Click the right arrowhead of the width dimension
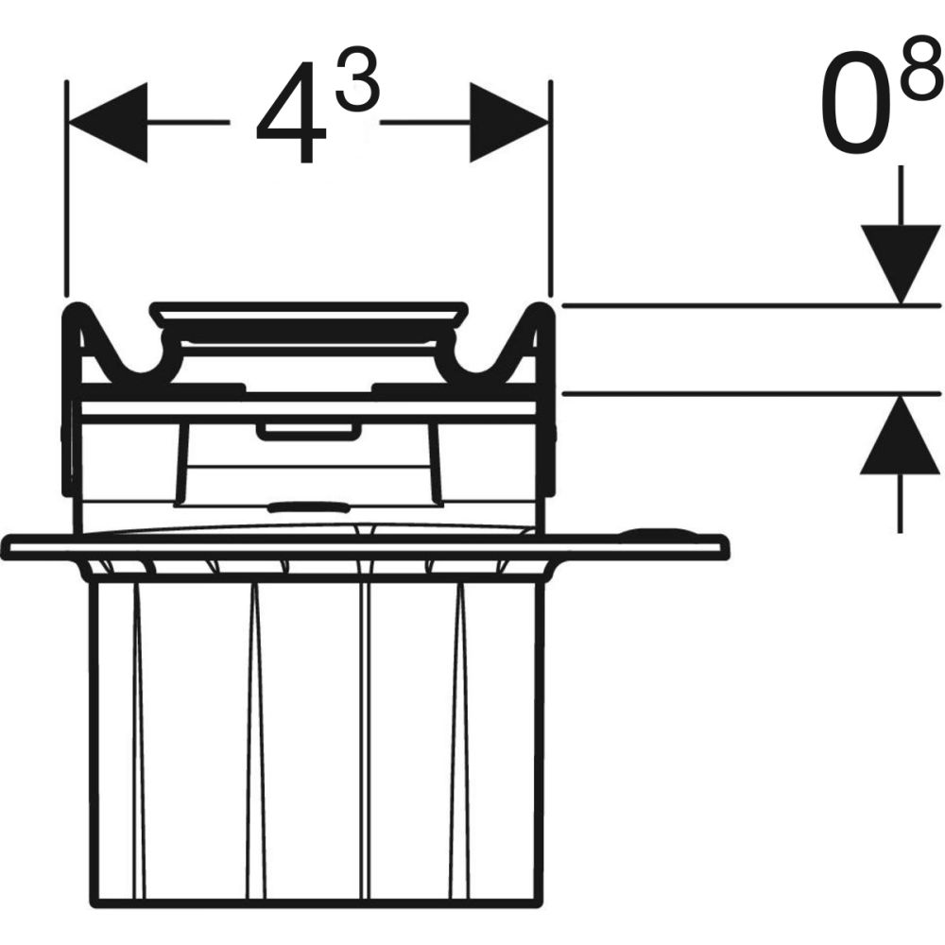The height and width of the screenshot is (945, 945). click(x=509, y=122)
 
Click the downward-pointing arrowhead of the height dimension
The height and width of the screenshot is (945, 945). click(x=897, y=264)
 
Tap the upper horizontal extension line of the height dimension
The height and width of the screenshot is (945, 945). click(x=728, y=305)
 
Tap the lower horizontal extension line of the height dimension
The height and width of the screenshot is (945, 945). click(x=728, y=393)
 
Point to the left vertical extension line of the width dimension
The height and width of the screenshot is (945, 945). click(x=66, y=189)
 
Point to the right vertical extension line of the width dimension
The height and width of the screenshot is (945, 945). click(x=550, y=189)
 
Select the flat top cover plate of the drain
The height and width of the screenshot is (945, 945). click(x=309, y=309)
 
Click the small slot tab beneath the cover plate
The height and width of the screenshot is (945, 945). click(x=308, y=432)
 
